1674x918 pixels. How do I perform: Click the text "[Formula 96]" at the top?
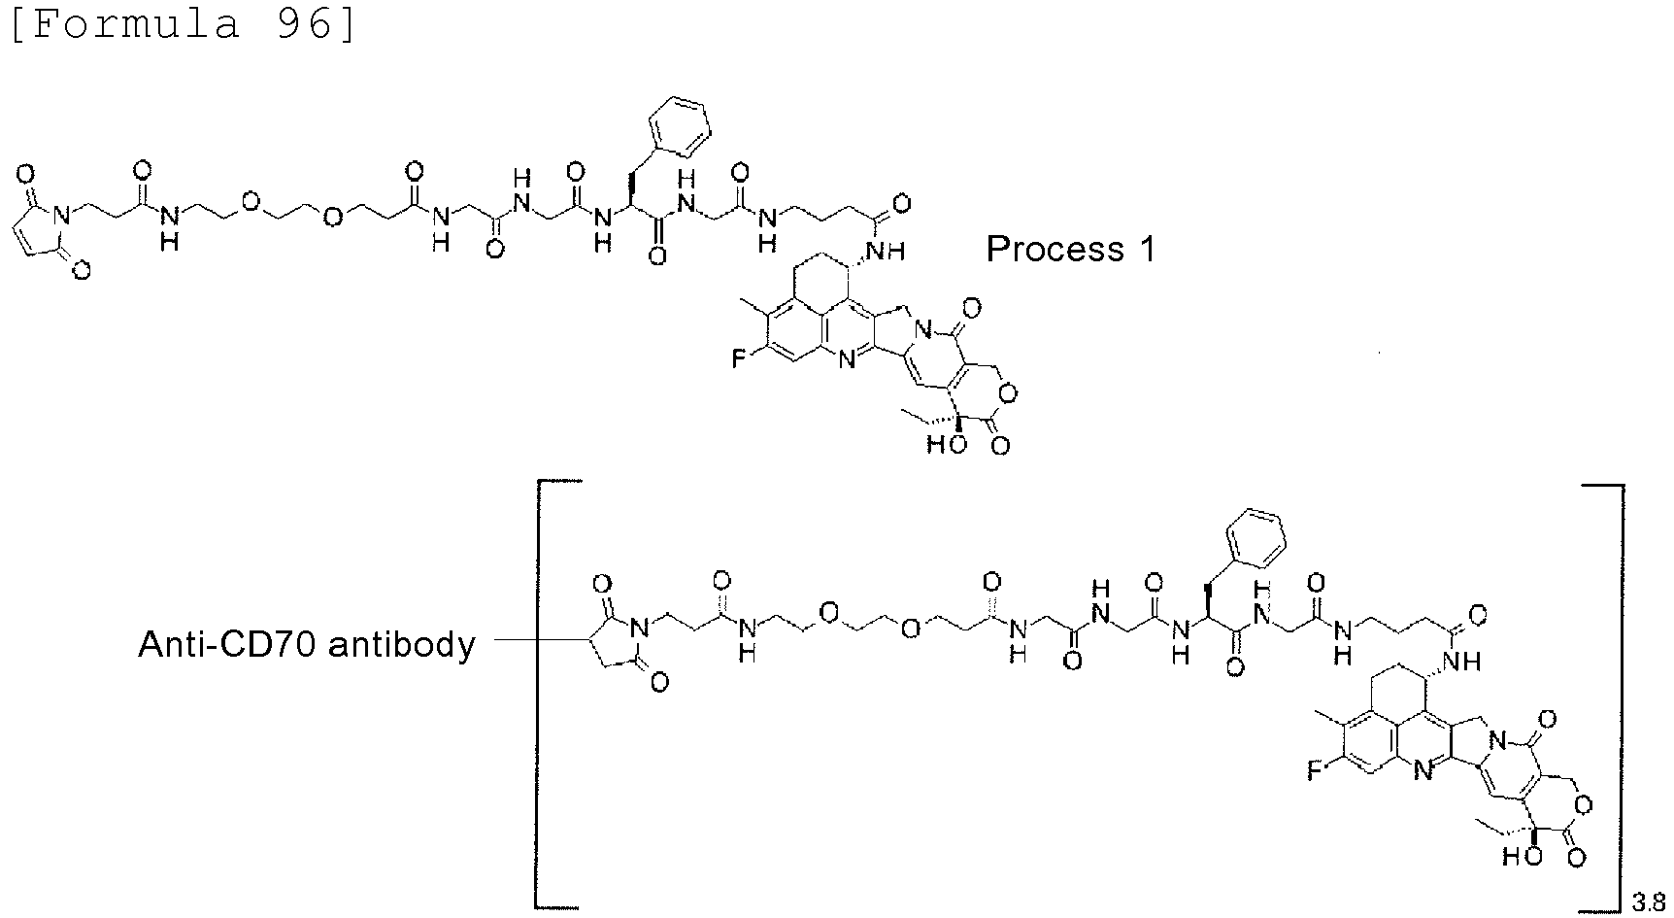tap(183, 22)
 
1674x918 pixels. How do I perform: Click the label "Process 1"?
tap(1071, 250)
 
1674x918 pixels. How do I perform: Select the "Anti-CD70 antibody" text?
tap(307, 643)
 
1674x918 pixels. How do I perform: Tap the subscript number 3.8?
tap(1647, 902)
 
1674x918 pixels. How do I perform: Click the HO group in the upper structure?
tap(941, 446)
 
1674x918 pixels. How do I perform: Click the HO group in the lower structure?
tap(1518, 857)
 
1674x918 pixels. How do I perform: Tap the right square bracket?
tap(1611, 694)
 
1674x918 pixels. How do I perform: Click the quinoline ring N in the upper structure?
tap(846, 362)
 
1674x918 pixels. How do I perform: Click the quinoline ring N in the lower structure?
tap(1422, 773)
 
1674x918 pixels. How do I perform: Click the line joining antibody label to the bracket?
tap(513, 640)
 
